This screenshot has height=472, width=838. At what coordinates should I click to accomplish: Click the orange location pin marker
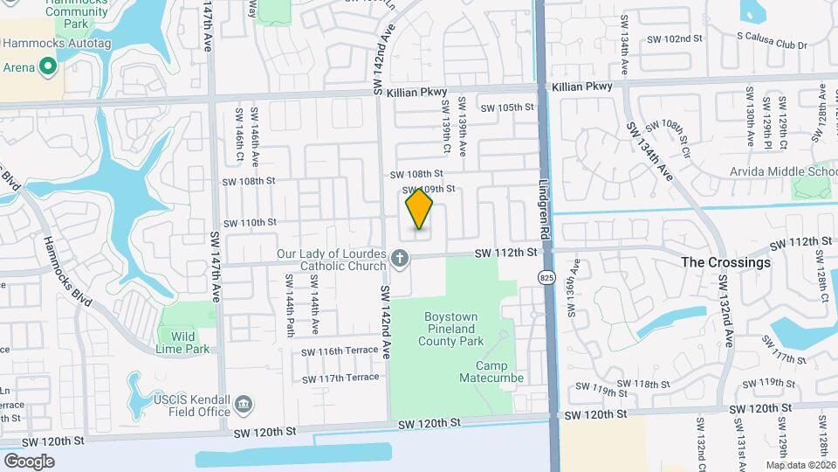tap(420, 209)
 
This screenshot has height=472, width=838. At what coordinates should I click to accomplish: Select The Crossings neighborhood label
tap(725, 262)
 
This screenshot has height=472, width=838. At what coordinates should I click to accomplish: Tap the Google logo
tap(29, 461)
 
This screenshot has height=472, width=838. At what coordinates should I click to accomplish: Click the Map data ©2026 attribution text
tap(800, 465)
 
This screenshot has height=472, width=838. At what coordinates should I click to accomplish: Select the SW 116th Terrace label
tap(340, 351)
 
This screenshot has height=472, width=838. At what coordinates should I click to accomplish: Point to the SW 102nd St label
tap(675, 39)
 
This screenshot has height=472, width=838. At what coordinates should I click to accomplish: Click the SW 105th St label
tap(508, 108)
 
